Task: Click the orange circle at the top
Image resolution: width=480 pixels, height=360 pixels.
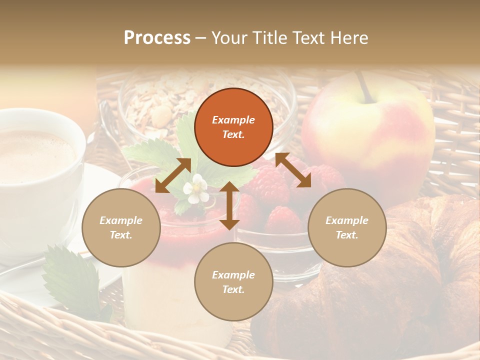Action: (233, 127)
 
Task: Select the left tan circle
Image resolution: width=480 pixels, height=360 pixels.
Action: (121, 227)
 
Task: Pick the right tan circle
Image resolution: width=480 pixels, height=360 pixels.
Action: (347, 227)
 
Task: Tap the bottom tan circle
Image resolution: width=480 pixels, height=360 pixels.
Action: (233, 281)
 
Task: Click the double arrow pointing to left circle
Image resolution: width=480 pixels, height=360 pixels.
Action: (173, 175)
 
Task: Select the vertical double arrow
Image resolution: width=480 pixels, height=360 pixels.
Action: (229, 205)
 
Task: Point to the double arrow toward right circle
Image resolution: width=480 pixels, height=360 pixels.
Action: (293, 170)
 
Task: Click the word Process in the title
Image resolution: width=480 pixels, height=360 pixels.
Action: (157, 38)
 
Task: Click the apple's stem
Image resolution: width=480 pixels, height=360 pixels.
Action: (364, 86)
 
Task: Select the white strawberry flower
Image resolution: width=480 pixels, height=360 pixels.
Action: (195, 188)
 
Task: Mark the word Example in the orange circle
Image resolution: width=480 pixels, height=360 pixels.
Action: (233, 120)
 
